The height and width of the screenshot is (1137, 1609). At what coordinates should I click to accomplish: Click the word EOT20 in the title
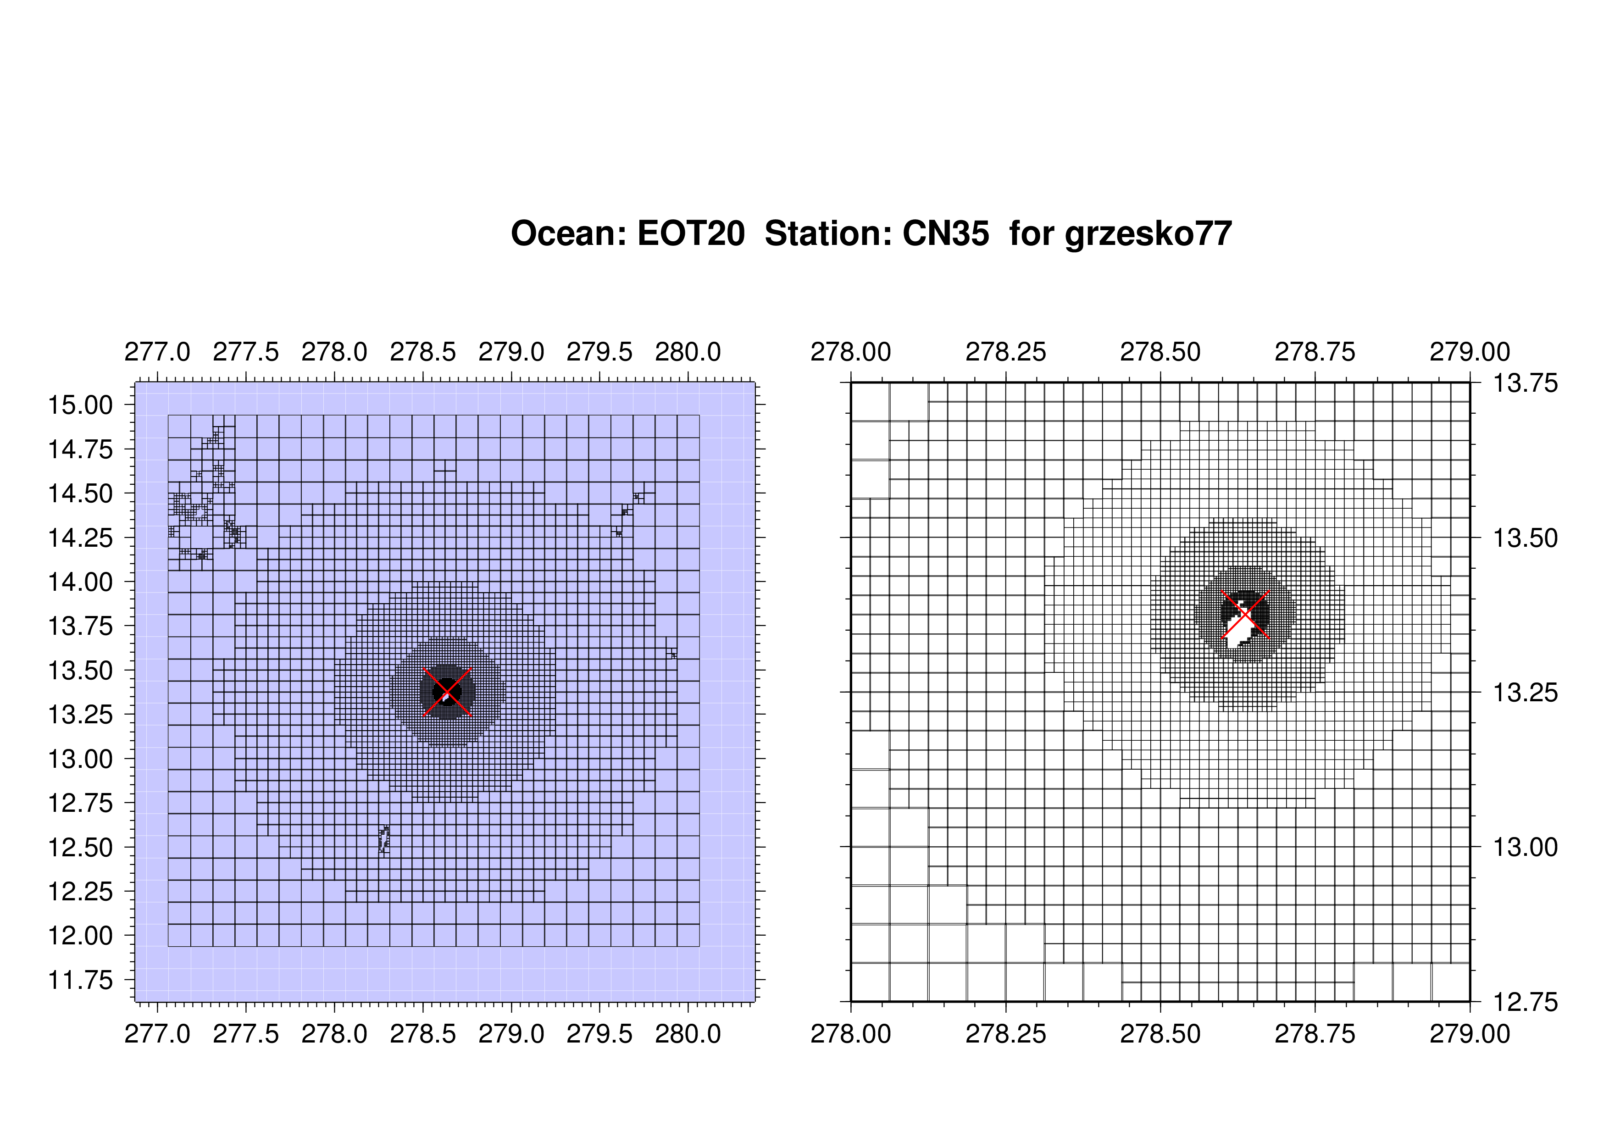(690, 233)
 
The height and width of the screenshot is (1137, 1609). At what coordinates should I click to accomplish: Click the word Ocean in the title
(568, 233)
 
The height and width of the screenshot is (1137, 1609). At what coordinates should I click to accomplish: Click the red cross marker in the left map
(447, 692)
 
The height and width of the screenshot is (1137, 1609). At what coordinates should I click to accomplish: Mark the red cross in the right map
(1245, 615)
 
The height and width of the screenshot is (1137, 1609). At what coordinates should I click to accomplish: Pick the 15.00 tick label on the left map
(80, 405)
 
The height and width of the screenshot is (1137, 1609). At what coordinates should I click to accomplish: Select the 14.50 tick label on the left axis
(80, 493)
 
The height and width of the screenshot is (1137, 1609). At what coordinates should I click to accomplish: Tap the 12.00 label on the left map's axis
(80, 935)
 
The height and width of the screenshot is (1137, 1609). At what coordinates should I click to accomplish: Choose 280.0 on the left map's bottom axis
(688, 1033)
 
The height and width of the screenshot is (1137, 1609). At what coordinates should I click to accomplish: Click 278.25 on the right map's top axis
(1005, 352)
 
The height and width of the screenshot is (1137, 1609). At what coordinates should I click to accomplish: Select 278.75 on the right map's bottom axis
(1315, 1033)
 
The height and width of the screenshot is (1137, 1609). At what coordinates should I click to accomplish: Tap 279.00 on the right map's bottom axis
(1470, 1033)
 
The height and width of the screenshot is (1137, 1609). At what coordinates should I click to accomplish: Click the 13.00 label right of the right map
(1526, 847)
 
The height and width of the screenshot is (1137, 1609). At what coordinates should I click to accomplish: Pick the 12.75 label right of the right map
(1526, 1002)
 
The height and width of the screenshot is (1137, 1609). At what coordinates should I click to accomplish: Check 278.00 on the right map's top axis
(851, 352)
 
